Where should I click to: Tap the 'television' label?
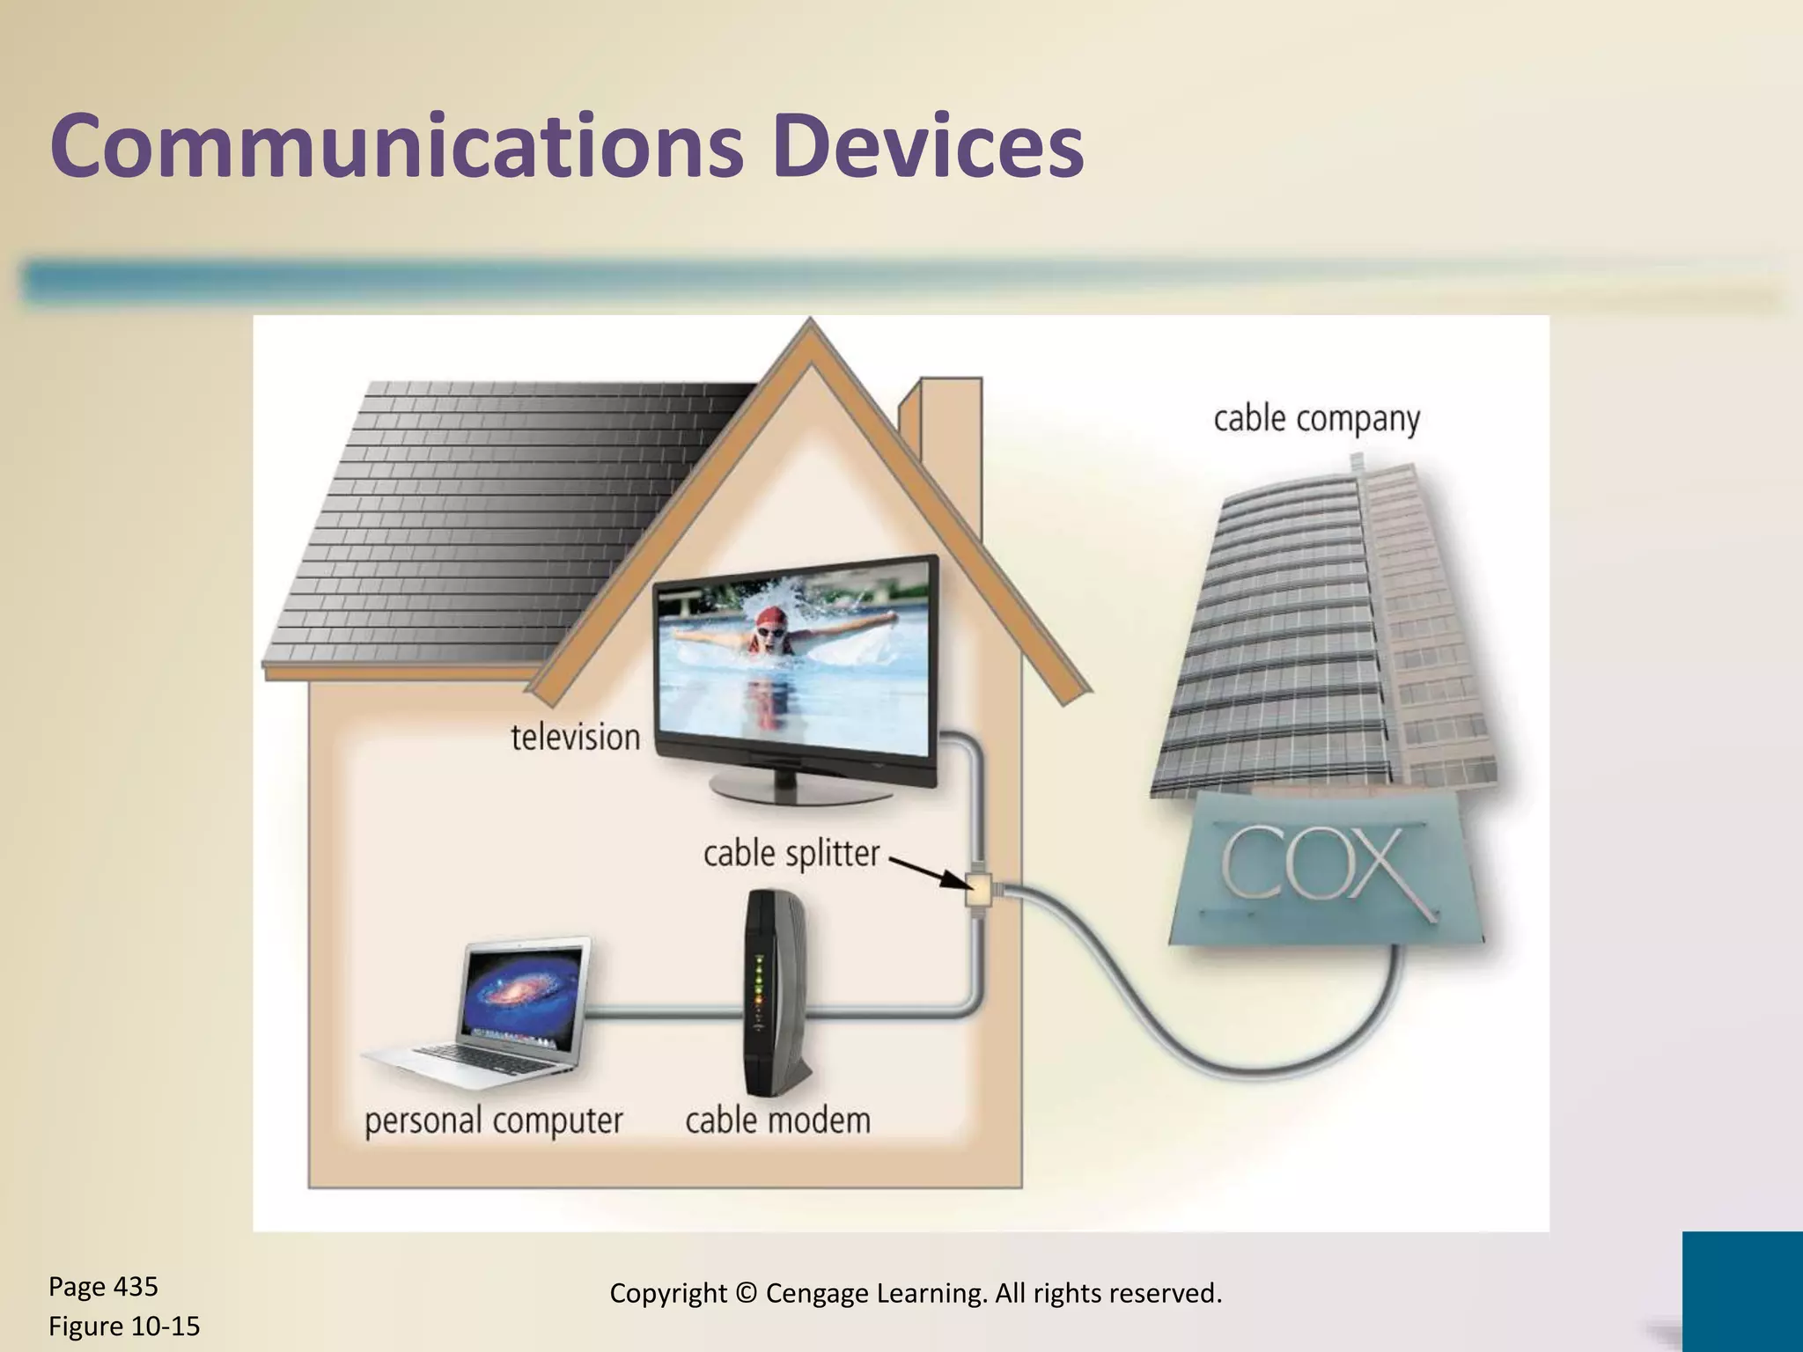pos(576,737)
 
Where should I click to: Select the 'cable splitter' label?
pos(791,853)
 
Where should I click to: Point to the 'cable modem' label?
pos(778,1121)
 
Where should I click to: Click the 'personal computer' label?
pos(494,1121)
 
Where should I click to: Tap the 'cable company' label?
pos(1316,419)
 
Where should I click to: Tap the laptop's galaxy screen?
pos(525,995)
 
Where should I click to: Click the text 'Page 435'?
pos(103,1287)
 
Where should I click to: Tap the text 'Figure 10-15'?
pos(124,1326)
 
